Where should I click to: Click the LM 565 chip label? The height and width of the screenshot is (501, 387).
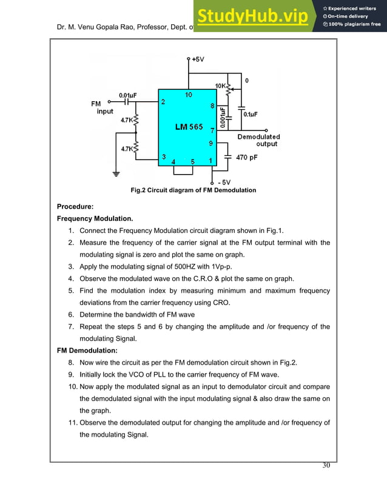click(x=189, y=126)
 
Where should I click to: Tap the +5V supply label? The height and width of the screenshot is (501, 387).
click(x=197, y=59)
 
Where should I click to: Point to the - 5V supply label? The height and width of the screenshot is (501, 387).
click(x=223, y=181)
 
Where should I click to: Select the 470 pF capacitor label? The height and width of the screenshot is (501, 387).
click(x=246, y=157)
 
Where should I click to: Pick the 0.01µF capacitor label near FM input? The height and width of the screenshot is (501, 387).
click(x=127, y=95)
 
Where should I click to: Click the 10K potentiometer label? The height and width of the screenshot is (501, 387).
click(x=221, y=86)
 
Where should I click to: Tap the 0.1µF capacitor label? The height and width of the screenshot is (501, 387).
click(x=250, y=113)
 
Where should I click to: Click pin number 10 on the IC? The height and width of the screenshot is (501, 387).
click(x=189, y=95)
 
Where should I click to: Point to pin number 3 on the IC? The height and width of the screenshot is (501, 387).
click(x=163, y=157)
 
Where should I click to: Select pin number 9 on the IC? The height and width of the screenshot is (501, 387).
click(x=210, y=144)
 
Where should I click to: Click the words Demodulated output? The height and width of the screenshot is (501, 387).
click(x=258, y=140)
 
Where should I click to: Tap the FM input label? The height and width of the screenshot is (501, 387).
click(x=99, y=107)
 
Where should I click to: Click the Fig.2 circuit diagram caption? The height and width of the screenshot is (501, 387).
click(x=193, y=190)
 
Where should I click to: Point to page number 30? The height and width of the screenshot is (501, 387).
click(x=326, y=465)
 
